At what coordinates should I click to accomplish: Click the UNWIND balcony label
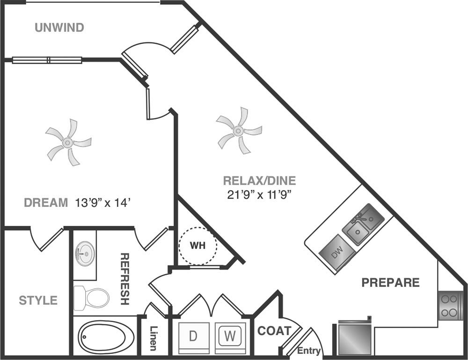coord(59,28)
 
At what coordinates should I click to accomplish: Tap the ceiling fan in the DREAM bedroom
coord(68,142)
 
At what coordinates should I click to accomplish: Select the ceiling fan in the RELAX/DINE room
coord(239,131)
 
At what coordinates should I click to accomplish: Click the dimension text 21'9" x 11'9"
coord(259,194)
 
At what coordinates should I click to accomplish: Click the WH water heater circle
coord(197,246)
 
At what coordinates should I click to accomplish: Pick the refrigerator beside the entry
coord(354,338)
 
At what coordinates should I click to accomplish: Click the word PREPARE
coord(390,283)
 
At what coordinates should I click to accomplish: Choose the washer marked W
coord(229,336)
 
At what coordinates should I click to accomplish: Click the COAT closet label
coord(274,331)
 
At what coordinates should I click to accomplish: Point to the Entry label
coord(309,351)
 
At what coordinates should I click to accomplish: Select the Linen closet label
coord(153,338)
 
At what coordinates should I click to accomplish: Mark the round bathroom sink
coord(85,250)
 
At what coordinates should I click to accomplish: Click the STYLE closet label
coord(38,300)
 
